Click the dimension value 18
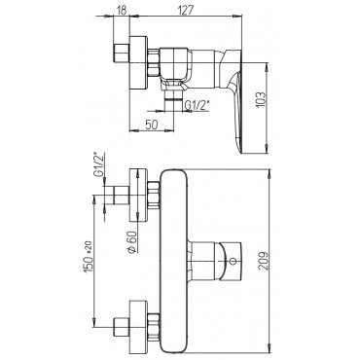click(121, 10)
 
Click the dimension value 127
click(186, 10)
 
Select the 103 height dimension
click(262, 100)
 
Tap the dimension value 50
click(151, 125)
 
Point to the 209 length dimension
click(266, 261)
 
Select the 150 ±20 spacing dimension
click(89, 256)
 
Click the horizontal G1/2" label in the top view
click(198, 105)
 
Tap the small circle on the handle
click(232, 261)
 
